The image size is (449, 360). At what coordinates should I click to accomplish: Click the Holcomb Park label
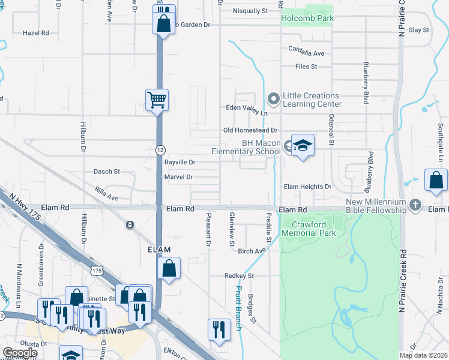tap(307, 18)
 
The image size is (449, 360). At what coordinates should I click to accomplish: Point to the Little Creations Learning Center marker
tap(274, 97)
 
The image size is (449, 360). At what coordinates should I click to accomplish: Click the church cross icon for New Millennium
tap(414, 205)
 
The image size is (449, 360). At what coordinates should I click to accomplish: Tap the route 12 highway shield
tap(160, 149)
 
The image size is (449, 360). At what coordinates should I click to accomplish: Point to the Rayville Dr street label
tap(179, 162)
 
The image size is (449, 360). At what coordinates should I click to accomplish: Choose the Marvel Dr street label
tap(178, 177)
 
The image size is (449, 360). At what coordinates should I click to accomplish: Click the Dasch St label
tap(107, 172)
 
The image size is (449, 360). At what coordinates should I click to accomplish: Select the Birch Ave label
tap(251, 251)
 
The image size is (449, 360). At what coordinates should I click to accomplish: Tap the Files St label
tap(306, 67)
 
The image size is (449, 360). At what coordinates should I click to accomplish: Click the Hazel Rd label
tap(35, 32)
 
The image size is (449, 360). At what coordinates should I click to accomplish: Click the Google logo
tap(20, 353)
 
